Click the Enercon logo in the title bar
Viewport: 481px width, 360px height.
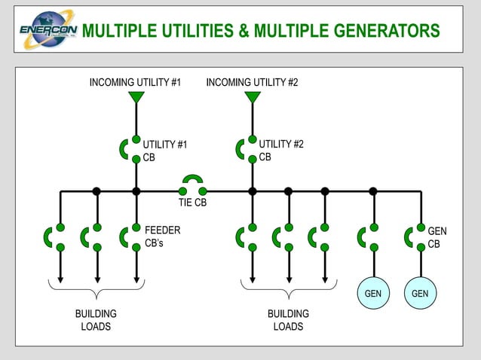(46, 30)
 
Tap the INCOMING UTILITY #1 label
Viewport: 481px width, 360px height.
(135, 82)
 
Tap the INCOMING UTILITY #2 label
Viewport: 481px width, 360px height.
(252, 82)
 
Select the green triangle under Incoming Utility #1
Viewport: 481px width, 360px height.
(136, 97)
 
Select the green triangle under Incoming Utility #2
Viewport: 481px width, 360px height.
(253, 97)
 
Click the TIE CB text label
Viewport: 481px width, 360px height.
(192, 203)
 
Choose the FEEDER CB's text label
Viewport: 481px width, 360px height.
(162, 236)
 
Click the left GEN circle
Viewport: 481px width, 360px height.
(373, 293)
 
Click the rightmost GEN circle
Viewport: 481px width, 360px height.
(421, 293)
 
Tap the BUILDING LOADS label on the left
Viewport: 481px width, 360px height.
(96, 320)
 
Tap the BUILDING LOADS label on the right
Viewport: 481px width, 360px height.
(288, 320)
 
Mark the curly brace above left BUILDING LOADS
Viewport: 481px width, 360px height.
(96, 287)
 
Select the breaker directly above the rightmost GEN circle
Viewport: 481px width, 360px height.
(415, 236)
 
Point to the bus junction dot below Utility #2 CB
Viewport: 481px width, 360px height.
(253, 191)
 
